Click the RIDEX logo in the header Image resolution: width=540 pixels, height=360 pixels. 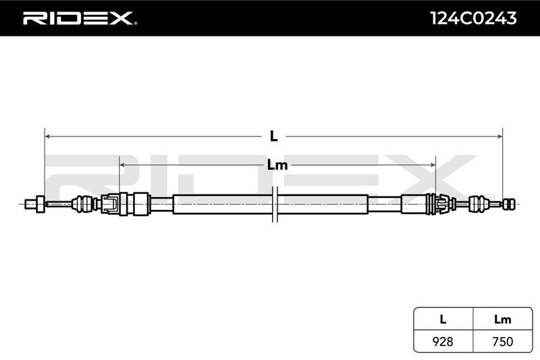[79, 18]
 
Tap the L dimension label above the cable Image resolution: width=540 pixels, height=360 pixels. [273, 136]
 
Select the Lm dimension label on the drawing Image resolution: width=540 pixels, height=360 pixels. [277, 165]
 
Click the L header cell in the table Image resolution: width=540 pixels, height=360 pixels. [443, 319]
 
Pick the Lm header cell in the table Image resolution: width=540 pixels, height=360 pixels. [502, 319]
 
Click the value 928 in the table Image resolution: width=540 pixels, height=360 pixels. [443, 342]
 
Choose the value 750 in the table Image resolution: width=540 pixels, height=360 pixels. [502, 342]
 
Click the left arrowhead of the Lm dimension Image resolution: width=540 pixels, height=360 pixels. [122, 165]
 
